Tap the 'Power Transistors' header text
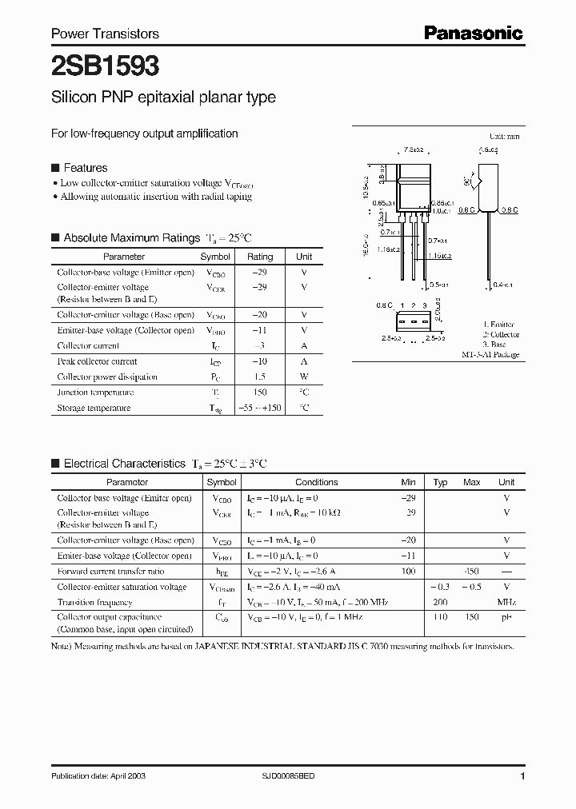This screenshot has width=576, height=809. tap(105, 34)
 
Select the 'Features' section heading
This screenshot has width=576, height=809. tap(85, 168)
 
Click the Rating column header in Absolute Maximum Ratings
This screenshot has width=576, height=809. tap(259, 257)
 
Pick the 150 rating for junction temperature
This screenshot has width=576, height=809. tap(259, 393)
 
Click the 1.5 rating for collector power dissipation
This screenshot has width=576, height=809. tap(259, 377)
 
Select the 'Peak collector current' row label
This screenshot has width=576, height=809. tap(96, 361)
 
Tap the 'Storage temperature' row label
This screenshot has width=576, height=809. tap(93, 408)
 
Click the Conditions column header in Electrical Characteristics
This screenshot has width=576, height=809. tap(317, 482)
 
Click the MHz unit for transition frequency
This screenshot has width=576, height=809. tap(506, 602)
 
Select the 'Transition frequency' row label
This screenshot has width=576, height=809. tap(94, 602)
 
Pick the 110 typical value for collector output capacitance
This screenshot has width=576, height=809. tap(440, 618)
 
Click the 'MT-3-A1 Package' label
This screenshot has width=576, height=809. tap(490, 354)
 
